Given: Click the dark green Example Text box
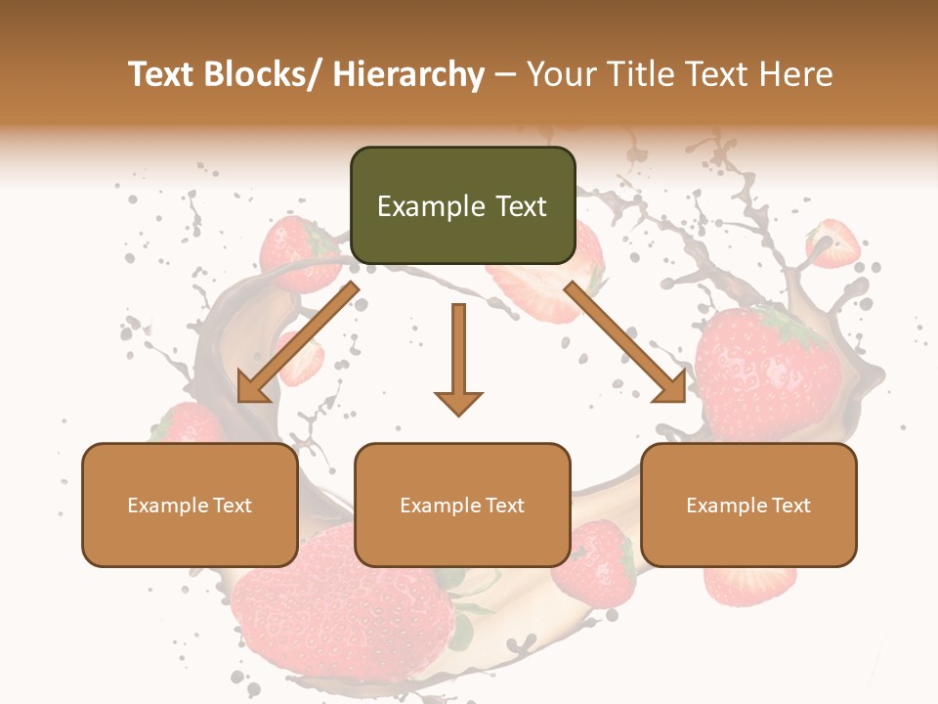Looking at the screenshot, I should tap(462, 205).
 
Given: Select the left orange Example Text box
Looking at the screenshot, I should tap(190, 505).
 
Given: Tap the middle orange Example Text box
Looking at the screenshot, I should tap(462, 505).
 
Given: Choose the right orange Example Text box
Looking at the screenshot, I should tap(748, 505).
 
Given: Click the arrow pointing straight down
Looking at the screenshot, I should tap(458, 357).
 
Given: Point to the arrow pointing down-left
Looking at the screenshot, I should tap(298, 342).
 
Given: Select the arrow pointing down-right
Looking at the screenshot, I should tap(625, 342).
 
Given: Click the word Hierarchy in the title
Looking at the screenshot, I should tap(408, 74).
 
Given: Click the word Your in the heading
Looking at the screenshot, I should tap(562, 74).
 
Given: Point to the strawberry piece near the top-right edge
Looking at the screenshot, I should tap(833, 242).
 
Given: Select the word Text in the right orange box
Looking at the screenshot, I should tap(791, 505).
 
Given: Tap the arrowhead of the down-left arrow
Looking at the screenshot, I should tap(252, 389).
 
